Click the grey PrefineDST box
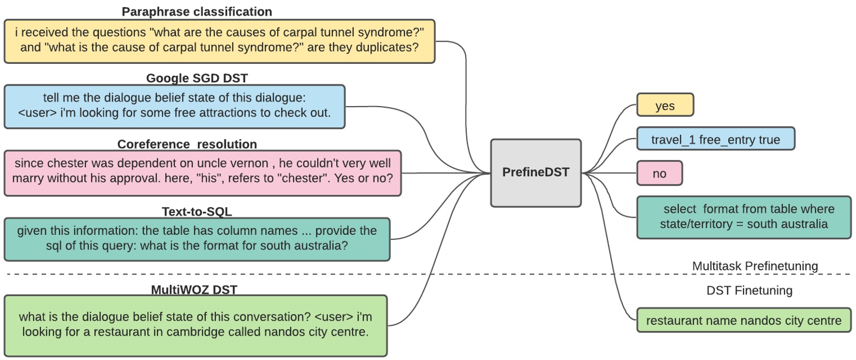[535, 173]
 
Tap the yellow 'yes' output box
[664, 106]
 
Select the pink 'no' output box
[659, 174]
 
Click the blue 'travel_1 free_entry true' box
[715, 140]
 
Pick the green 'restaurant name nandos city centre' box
[743, 320]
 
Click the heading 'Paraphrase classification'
[197, 11]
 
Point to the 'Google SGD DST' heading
[197, 78]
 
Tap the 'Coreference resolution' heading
[187, 144]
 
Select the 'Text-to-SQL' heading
[197, 211]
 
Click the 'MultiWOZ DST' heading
[194, 290]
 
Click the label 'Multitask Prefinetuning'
[755, 266]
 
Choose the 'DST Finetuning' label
[749, 291]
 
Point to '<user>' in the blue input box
[37, 113]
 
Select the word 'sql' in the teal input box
[54, 246]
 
